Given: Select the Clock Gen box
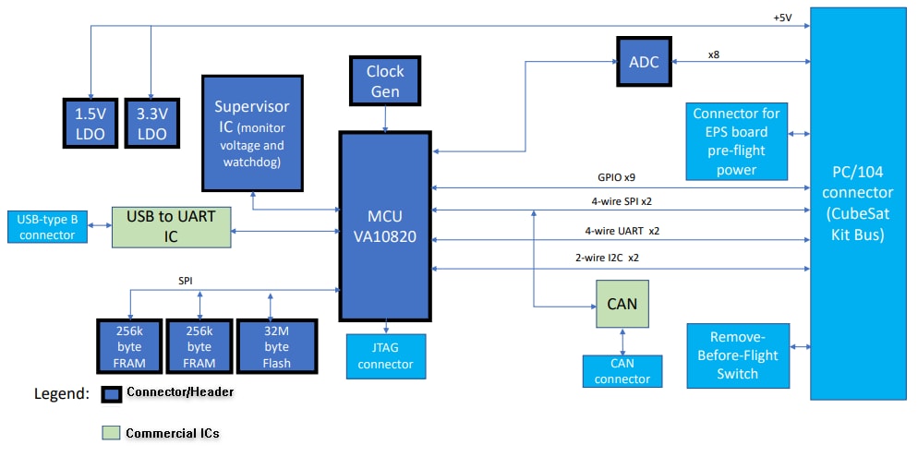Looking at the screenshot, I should [x=385, y=80].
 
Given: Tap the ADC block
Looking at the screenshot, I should [x=644, y=62].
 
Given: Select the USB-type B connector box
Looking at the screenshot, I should [x=48, y=227].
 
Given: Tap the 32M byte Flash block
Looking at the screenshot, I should [x=276, y=346].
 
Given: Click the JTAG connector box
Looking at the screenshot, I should [x=386, y=356].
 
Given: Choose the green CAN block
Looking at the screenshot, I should [x=622, y=304].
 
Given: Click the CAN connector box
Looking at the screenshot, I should [x=622, y=371].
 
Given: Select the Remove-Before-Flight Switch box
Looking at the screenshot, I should [x=737, y=355].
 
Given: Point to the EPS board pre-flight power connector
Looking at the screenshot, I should [x=736, y=141].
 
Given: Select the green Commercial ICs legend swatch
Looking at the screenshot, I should [x=110, y=432].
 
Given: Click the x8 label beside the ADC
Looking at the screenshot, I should [x=714, y=54].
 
